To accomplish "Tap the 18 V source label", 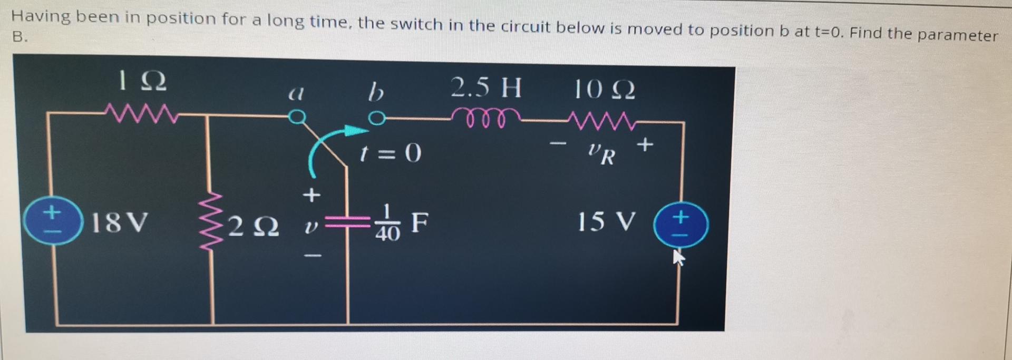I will coord(120,222).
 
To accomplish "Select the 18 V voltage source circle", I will coord(53,220).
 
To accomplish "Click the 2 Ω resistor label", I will coord(254,227).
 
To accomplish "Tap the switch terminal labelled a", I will coord(297,116).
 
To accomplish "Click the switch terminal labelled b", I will coord(376,118).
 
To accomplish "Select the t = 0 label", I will coord(390,153).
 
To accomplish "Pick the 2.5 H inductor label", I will coord(486,87).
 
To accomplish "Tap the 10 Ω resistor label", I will coord(604,90).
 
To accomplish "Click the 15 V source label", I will coord(606,221).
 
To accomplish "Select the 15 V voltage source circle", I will coord(681,225).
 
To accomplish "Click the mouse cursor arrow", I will coord(679,257).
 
